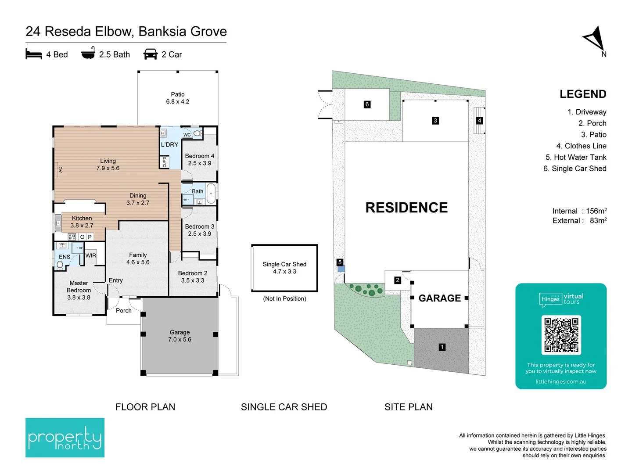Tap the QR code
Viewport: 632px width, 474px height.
click(561, 335)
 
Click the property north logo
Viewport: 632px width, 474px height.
click(65, 437)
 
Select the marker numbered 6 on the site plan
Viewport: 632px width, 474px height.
click(367, 104)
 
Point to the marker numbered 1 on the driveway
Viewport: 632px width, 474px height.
click(442, 347)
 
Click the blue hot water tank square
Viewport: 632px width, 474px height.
click(341, 269)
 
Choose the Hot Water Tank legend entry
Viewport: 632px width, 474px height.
click(576, 157)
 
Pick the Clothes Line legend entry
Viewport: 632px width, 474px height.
click(581, 146)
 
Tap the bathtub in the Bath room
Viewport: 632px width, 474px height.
click(211, 194)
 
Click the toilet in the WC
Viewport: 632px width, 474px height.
click(198, 133)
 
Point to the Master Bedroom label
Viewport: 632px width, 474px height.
click(79, 290)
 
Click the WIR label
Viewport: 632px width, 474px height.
click(91, 255)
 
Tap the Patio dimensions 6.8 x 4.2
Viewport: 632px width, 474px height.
click(178, 101)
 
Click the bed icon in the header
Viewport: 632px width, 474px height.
click(34, 54)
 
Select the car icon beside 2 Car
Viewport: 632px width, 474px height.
click(150, 54)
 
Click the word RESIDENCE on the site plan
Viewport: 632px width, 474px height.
click(406, 208)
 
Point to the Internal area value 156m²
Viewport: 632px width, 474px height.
click(596, 211)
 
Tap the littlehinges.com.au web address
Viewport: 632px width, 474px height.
click(561, 382)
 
